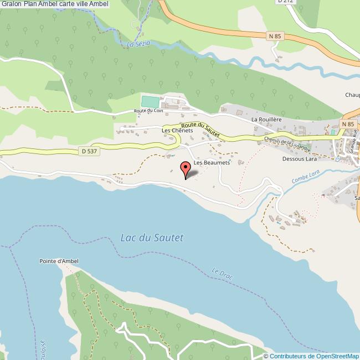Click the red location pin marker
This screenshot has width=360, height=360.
[x=185, y=168]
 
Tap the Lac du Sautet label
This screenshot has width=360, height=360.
[x=152, y=238]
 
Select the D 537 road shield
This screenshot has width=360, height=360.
[x=84, y=150]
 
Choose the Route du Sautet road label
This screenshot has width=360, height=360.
[x=200, y=129]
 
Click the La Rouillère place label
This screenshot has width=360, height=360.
[x=268, y=119]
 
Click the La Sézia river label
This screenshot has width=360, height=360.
[x=139, y=44]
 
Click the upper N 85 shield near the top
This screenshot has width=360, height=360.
[x=275, y=36]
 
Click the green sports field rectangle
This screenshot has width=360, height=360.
[x=150, y=102]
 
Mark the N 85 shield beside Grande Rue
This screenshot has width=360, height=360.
[x=347, y=124]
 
